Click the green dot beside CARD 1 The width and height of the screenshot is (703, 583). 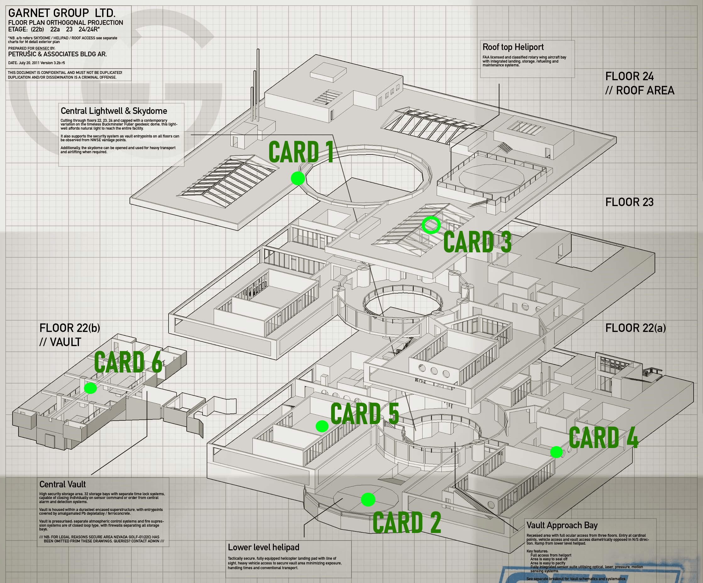tap(298, 178)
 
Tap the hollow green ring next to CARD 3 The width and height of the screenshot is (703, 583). tap(431, 225)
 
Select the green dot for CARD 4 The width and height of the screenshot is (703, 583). tap(556, 452)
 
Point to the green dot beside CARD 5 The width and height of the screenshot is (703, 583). tap(322, 426)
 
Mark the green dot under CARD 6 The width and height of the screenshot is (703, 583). tap(90, 388)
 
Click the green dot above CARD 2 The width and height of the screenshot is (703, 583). tap(368, 500)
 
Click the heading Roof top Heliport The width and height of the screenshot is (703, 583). tap(513, 47)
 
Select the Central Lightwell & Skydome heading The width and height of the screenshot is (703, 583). tap(114, 111)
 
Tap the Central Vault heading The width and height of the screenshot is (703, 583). tap(63, 485)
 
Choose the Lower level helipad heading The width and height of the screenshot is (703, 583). tap(263, 547)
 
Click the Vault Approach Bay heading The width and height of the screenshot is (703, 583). tap(562, 525)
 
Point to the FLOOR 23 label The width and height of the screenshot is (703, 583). tap(629, 202)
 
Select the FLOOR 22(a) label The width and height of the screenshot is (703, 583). tap(635, 328)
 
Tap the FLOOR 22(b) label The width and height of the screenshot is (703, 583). tap(69, 328)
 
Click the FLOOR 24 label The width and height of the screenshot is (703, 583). tap(629, 76)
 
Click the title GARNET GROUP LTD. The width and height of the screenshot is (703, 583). tap(62, 14)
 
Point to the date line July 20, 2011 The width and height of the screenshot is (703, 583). tap(36, 63)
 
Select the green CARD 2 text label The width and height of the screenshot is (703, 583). tap(407, 523)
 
